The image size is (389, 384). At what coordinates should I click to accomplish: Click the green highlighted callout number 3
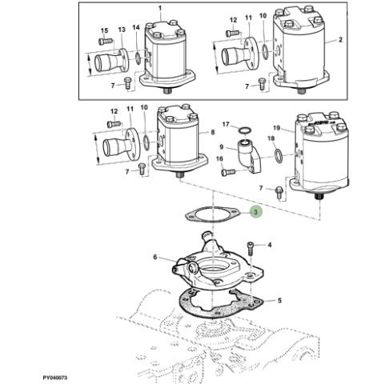click(255, 212)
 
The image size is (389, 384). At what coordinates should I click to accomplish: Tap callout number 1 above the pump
click(160, 8)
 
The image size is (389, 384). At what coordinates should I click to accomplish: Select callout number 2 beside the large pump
click(340, 40)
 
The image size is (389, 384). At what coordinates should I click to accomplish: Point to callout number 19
click(277, 128)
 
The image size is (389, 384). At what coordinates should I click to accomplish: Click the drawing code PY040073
click(55, 378)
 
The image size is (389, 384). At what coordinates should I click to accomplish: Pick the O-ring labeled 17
click(244, 130)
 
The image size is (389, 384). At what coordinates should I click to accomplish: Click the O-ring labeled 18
click(279, 156)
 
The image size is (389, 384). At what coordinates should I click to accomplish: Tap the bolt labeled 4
click(251, 248)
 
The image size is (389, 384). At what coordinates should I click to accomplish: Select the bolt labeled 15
click(106, 42)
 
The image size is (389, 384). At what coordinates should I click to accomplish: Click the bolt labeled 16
click(228, 172)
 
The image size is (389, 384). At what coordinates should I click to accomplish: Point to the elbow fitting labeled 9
click(250, 156)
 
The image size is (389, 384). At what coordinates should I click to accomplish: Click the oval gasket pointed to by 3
click(213, 215)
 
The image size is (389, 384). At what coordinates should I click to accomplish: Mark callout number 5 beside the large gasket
click(279, 301)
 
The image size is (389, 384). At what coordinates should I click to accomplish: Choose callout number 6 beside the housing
click(155, 257)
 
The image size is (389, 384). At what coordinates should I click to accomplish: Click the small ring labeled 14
click(138, 58)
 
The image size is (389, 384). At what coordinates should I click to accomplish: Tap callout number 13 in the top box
click(122, 30)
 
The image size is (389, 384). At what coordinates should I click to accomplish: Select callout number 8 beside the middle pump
click(213, 132)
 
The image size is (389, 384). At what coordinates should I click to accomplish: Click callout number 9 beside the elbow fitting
click(222, 146)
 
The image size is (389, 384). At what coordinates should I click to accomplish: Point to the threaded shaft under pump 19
click(319, 198)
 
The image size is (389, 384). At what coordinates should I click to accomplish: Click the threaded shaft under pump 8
click(179, 175)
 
